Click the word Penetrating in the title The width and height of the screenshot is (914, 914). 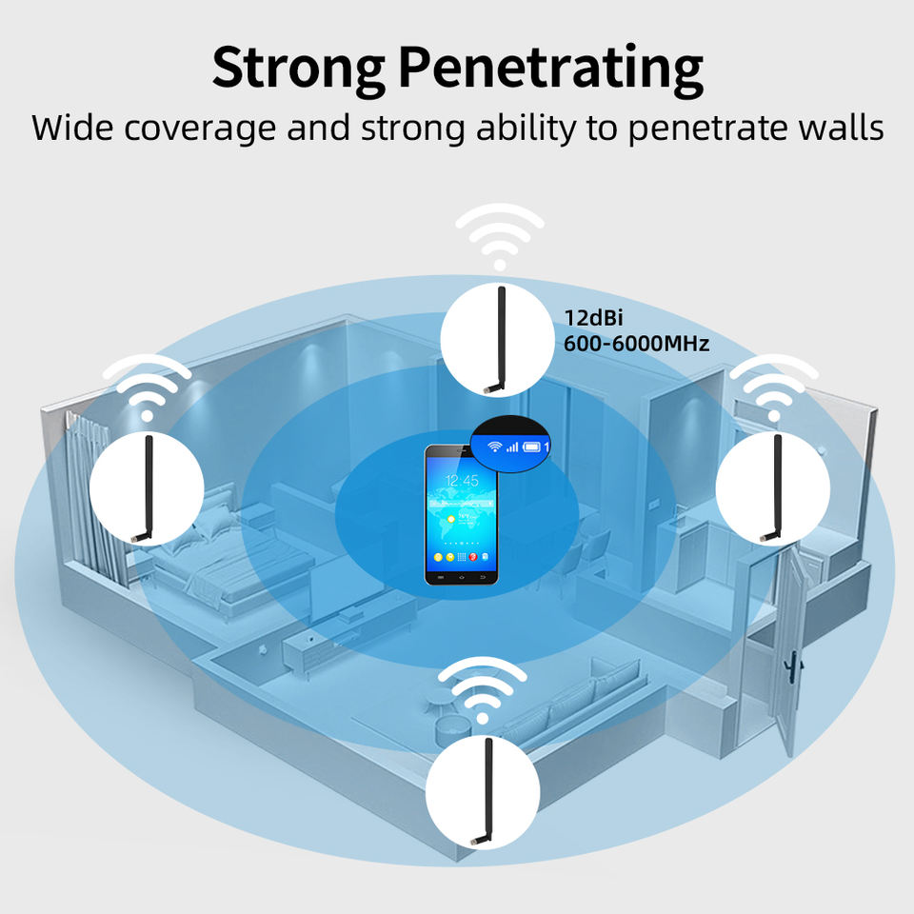coord(551,69)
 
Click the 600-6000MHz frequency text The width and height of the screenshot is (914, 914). coord(636,344)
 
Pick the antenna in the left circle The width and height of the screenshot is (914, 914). coord(146,487)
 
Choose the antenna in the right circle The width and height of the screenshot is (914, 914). coord(773,487)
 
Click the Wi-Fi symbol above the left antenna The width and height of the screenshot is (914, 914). coord(147,386)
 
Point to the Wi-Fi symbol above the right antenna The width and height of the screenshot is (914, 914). coord(773,386)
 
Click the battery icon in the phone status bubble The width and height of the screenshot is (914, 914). coord(531,445)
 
